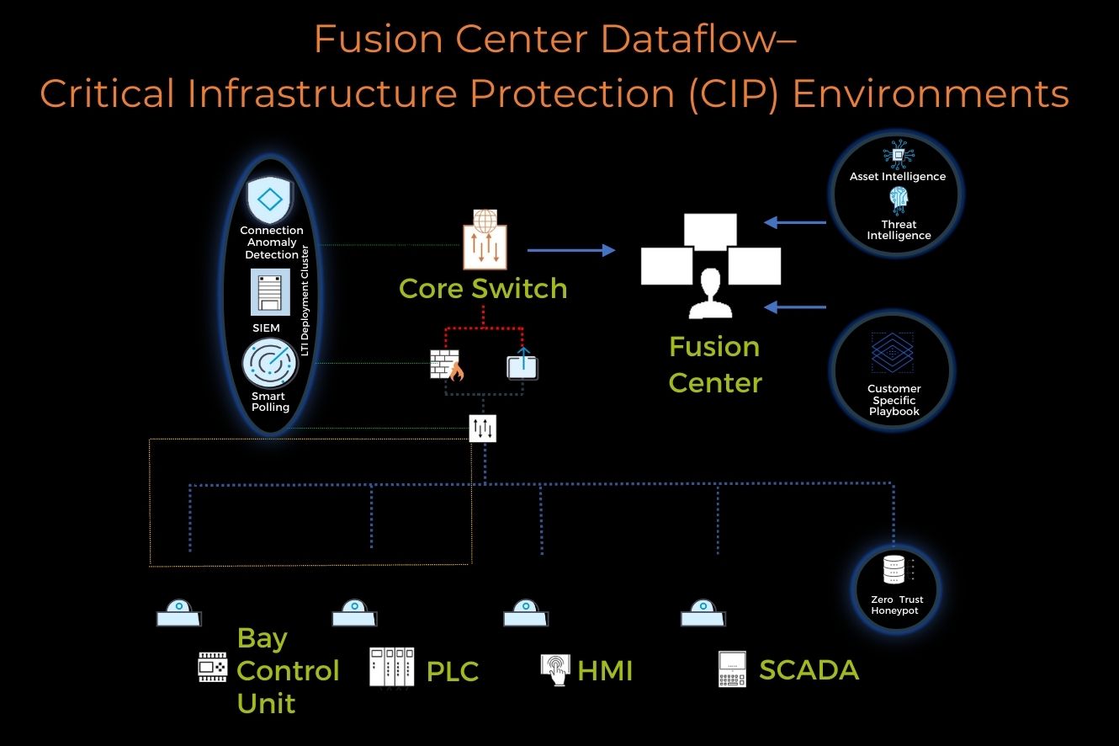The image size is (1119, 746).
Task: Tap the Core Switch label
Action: point(483,289)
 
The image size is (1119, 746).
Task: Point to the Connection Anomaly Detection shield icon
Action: point(268,200)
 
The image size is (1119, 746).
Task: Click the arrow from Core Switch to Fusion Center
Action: point(570,250)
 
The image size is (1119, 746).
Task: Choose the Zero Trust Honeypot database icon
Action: point(894,570)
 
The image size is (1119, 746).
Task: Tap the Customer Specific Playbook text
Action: point(894,400)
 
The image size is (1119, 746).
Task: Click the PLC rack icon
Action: point(392,667)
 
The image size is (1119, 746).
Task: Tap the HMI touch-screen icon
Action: point(555,670)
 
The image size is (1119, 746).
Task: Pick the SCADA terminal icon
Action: point(732,669)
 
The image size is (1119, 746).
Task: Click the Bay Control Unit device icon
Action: point(213,666)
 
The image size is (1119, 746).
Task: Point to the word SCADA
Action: point(809,670)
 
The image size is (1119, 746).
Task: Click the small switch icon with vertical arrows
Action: point(483,429)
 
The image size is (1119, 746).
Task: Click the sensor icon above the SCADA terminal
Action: point(703,613)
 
